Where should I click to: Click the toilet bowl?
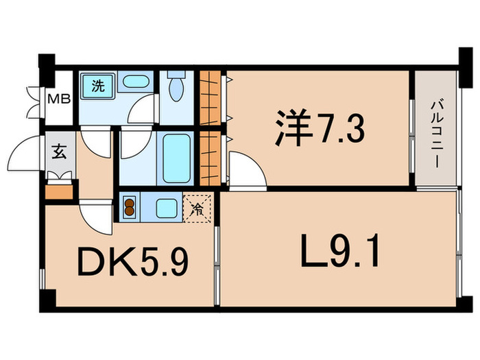(x=176, y=89)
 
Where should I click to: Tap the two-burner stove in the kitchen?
(x=130, y=207)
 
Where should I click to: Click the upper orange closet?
(x=213, y=95)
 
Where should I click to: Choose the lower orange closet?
(x=213, y=156)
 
